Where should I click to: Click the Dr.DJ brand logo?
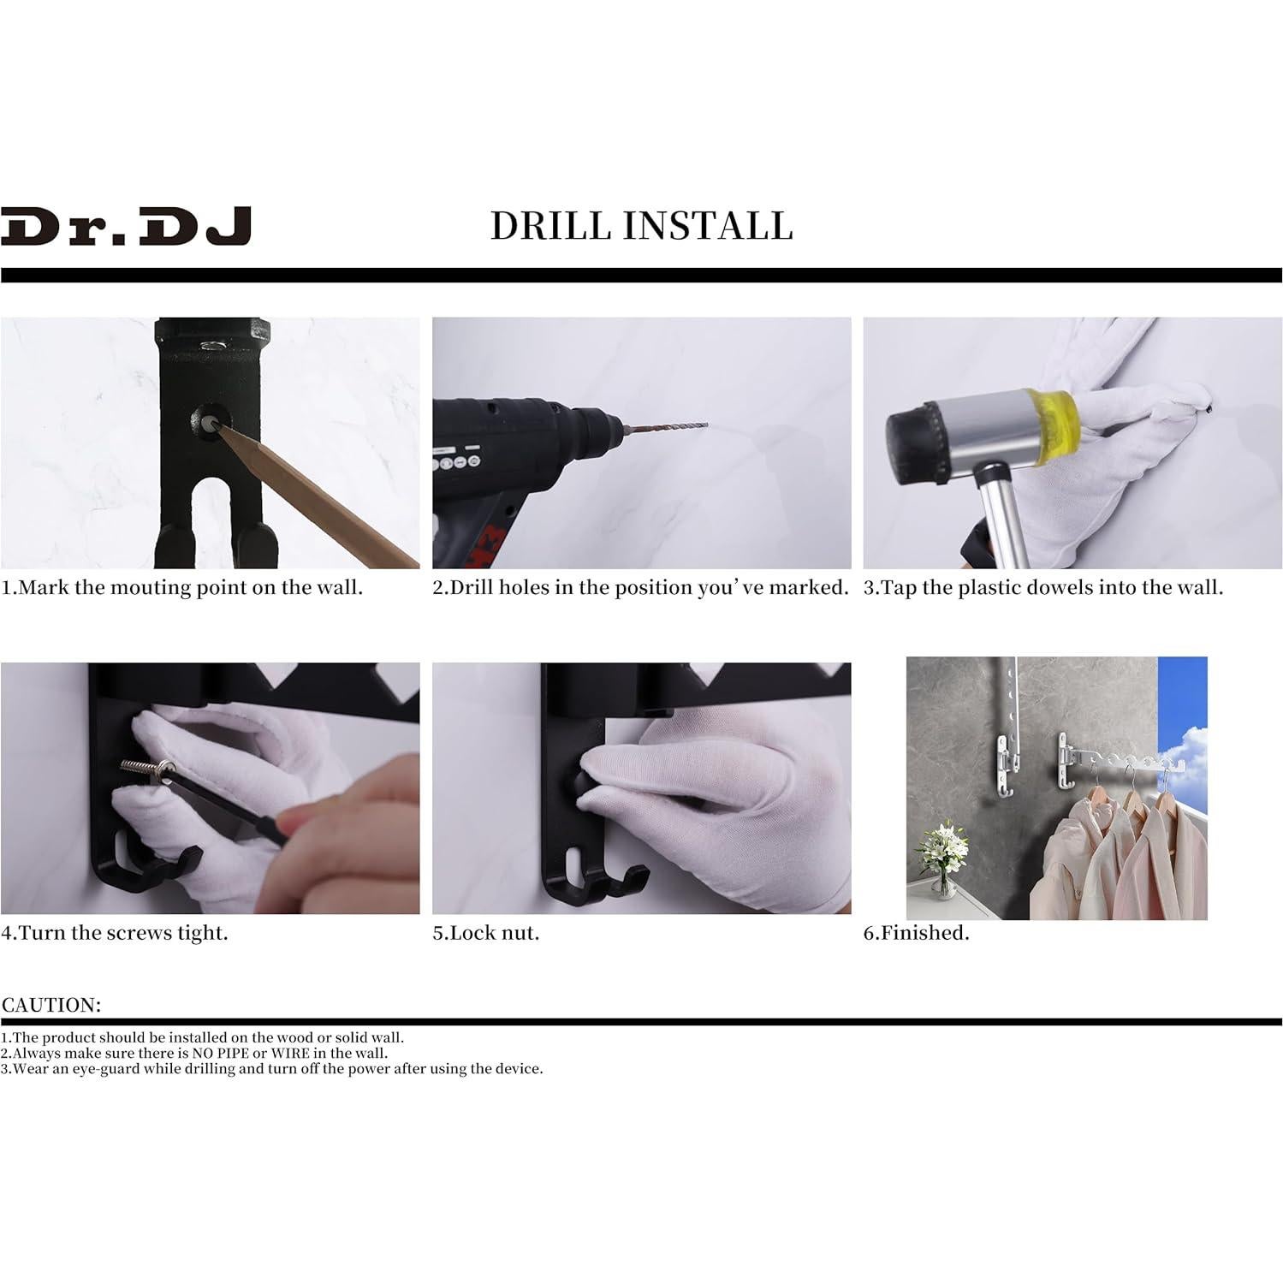click(126, 226)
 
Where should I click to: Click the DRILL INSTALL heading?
click(641, 226)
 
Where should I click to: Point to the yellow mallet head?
click(1048, 428)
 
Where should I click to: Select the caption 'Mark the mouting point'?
click(181, 588)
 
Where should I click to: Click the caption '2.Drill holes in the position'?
click(639, 588)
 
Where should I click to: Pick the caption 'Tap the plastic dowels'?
click(1042, 588)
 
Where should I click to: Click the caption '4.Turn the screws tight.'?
click(115, 933)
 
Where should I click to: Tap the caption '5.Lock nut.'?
click(485, 933)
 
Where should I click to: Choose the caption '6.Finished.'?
click(916, 933)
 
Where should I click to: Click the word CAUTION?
click(51, 1005)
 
